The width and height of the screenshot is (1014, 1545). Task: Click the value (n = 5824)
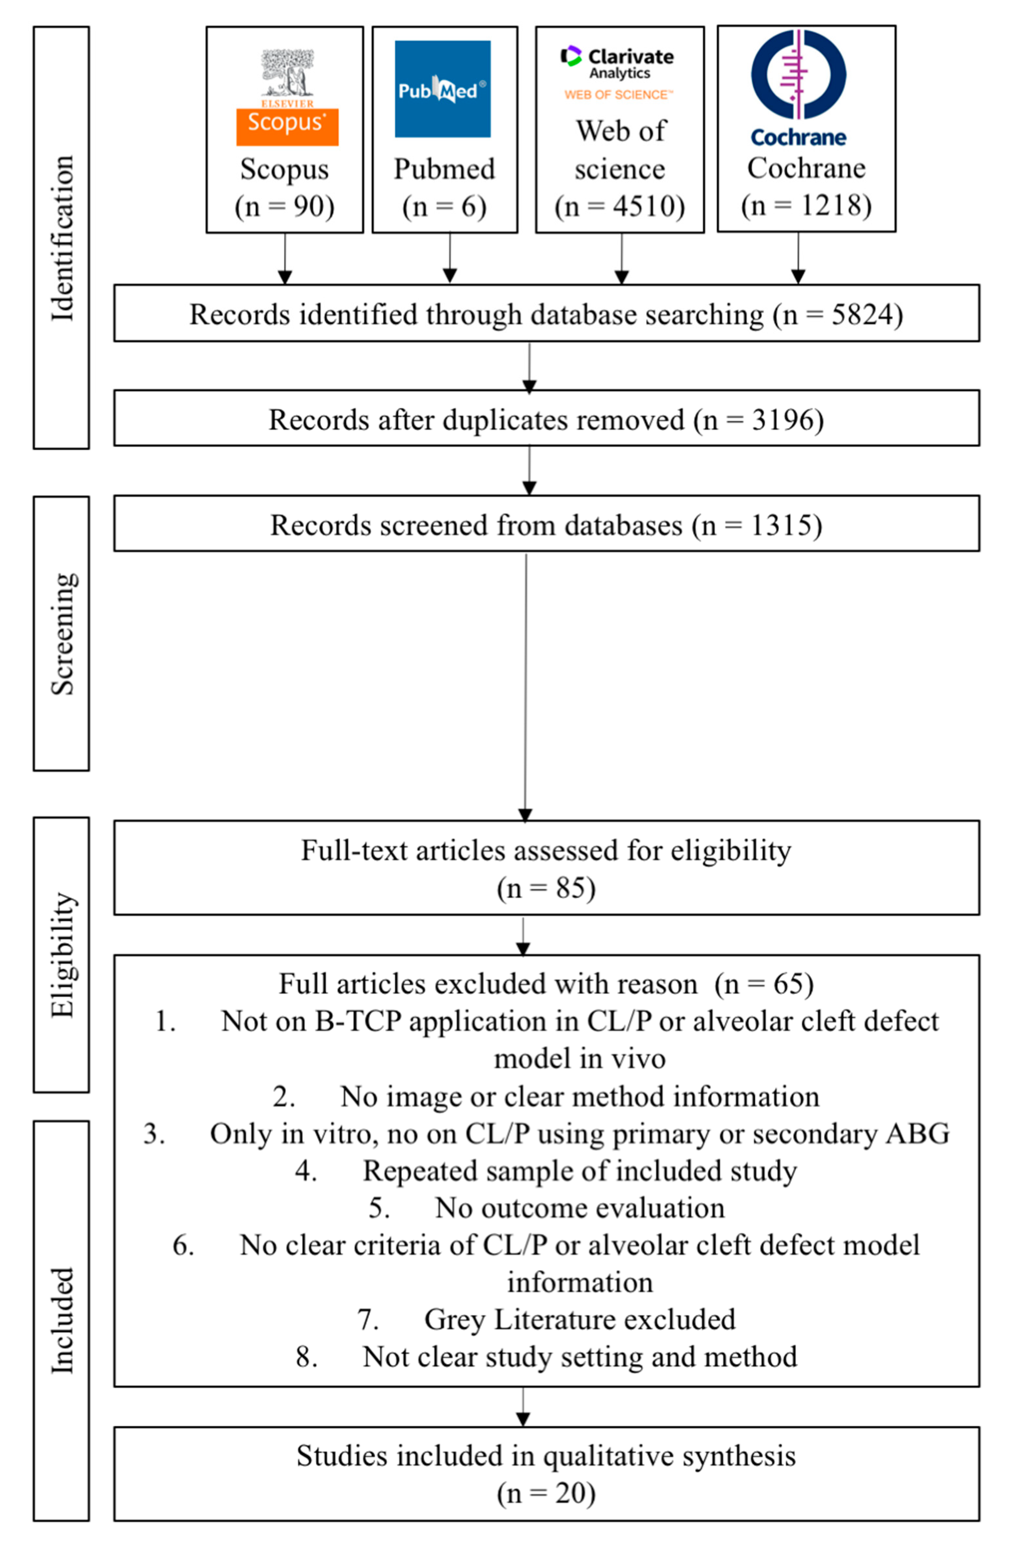[838, 314]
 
